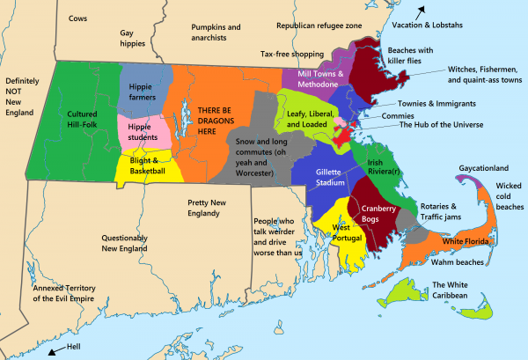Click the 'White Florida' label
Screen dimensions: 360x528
click(466, 241)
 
